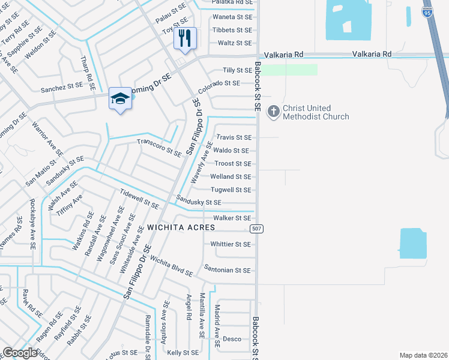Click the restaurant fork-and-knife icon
(x=185, y=39)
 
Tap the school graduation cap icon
(x=120, y=99)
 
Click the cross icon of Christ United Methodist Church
(x=274, y=112)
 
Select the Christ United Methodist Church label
(x=315, y=112)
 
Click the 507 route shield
(x=255, y=229)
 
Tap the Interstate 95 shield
(x=427, y=12)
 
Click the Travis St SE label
(x=234, y=137)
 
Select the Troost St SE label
(x=233, y=164)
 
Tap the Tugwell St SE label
(x=231, y=190)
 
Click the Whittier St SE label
(x=231, y=244)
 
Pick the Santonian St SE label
(x=227, y=271)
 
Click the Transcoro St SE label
(x=159, y=148)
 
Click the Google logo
(x=20, y=353)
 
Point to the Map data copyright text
(x=423, y=355)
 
